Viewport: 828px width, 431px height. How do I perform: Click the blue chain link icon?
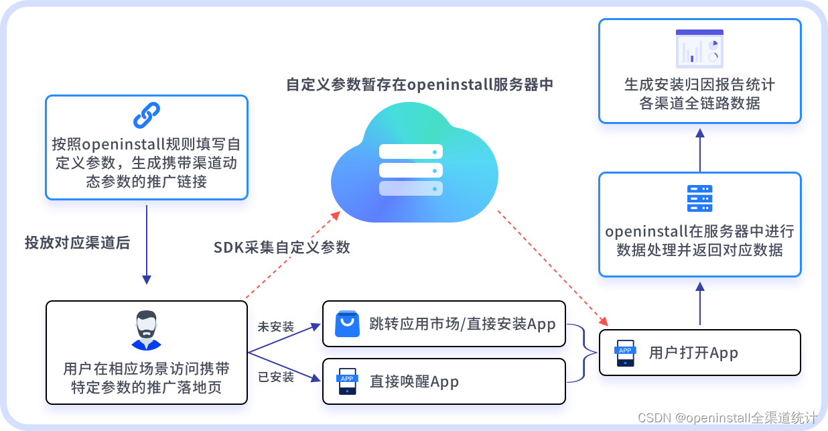coord(147,115)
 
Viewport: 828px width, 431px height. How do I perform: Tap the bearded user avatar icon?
coord(146,330)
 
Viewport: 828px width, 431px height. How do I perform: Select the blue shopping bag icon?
coord(347,324)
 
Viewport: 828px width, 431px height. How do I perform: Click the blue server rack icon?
coord(699,198)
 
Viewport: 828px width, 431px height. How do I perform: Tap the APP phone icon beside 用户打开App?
coord(625,353)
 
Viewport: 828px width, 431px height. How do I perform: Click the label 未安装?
coord(276,327)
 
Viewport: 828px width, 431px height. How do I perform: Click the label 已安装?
coord(276,377)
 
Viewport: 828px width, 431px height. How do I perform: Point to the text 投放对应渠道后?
coord(77,243)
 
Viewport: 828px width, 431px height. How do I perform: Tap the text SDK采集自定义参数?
coord(282,247)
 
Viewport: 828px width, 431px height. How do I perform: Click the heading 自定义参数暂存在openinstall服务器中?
coord(419,85)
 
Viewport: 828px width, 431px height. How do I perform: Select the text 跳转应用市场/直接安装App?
coord(462,324)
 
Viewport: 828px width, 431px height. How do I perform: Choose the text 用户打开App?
coord(693,353)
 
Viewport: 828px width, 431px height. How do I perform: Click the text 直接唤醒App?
coord(414,382)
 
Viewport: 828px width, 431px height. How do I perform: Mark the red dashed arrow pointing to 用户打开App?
coord(549,265)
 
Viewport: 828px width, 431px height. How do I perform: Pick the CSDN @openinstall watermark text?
coord(727,418)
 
